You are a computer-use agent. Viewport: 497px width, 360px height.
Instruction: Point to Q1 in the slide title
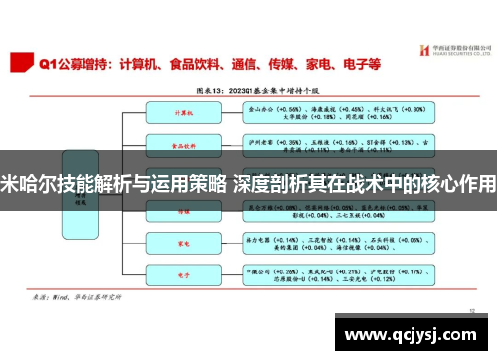48,64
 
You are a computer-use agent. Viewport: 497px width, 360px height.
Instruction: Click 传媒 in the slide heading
283,64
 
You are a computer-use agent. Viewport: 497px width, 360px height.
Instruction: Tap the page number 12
473,309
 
